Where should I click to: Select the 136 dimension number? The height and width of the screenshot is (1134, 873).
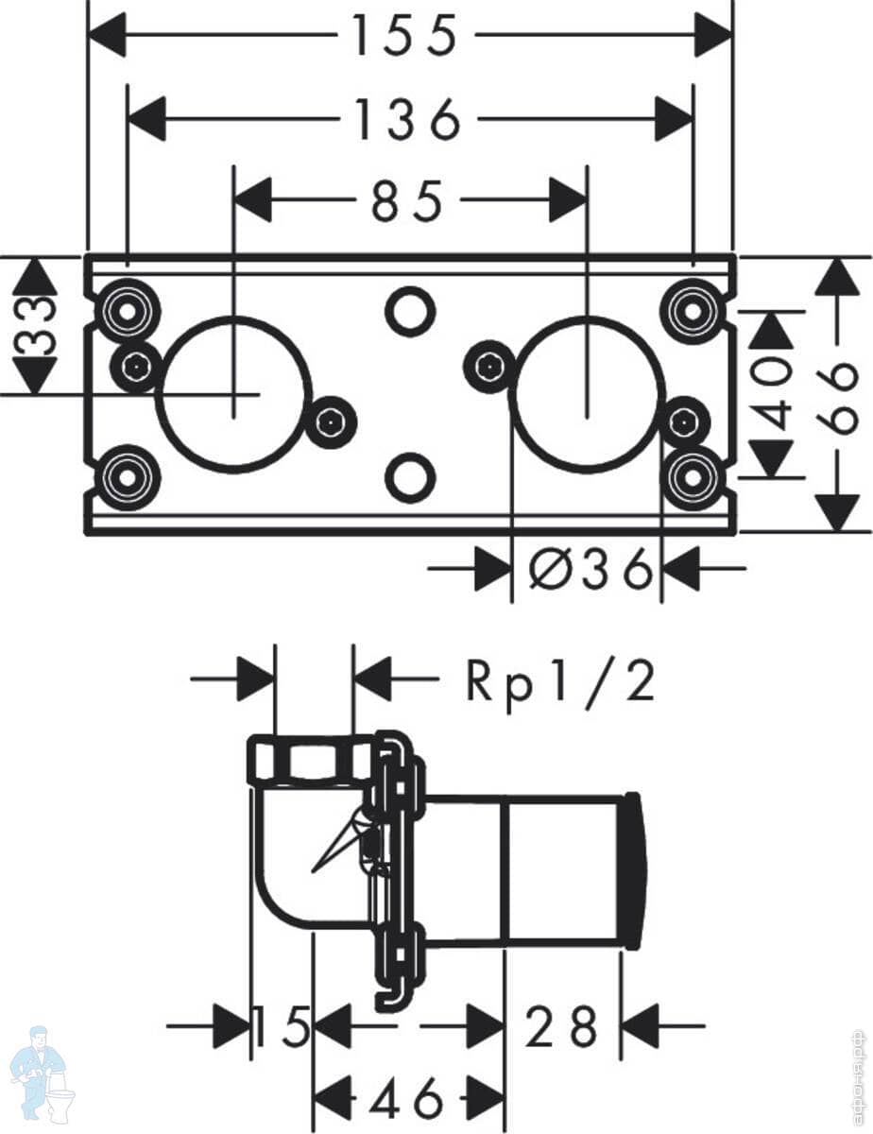pyautogui.click(x=407, y=120)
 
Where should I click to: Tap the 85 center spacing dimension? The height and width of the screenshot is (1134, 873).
pyautogui.click(x=407, y=201)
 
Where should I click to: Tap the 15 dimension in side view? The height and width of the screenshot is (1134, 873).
pyautogui.click(x=282, y=1025)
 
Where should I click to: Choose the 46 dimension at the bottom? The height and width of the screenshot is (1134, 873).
pyautogui.click(x=407, y=1099)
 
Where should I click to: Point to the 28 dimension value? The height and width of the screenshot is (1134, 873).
pyautogui.click(x=562, y=1025)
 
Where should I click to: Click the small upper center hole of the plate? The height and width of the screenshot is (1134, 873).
pyautogui.click(x=409, y=311)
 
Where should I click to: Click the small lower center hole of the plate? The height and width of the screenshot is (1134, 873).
pyautogui.click(x=409, y=477)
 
